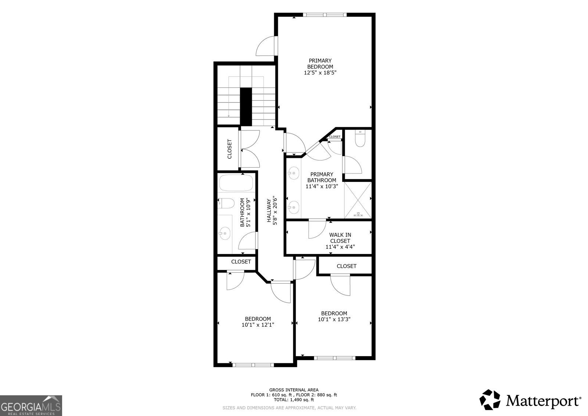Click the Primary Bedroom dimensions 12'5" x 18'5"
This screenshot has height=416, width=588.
[320, 73]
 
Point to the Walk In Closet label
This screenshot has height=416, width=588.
[340, 238]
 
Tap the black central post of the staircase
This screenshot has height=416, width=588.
[246, 107]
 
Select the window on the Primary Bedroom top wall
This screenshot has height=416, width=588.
[325, 15]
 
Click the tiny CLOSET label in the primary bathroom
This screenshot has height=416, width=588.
[335, 137]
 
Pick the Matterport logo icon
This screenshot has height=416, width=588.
[490, 399]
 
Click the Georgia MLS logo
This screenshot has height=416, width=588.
[31, 405]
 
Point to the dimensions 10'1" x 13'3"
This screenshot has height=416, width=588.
[334, 319]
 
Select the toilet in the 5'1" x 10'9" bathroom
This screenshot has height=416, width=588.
[226, 203]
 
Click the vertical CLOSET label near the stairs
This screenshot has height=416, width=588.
[230, 149]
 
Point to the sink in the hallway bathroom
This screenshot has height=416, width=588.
[225, 233]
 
